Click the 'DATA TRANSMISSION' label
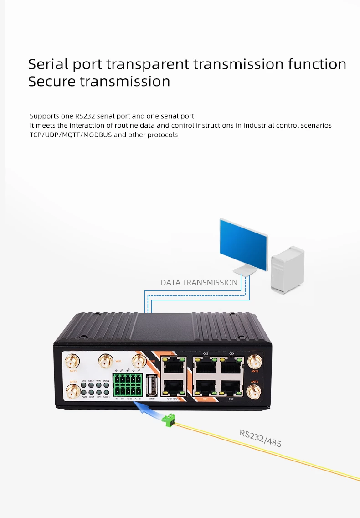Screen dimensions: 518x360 pyautogui.click(x=199, y=283)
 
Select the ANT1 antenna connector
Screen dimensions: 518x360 pyautogui.click(x=71, y=363)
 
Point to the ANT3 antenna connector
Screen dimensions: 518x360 pyautogui.click(x=254, y=363)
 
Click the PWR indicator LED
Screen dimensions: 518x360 pyautogui.click(x=84, y=392)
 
